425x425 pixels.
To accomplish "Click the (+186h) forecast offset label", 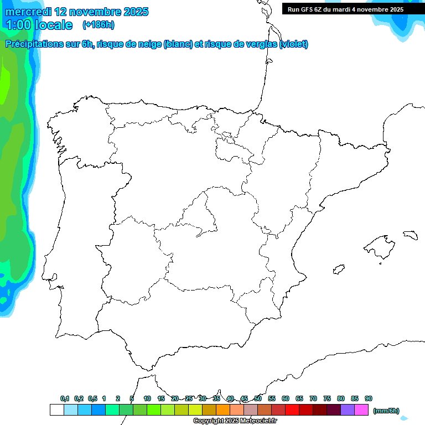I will point(98,24).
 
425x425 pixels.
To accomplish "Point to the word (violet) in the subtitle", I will point(294,44).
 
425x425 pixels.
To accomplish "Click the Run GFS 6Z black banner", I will point(345,9).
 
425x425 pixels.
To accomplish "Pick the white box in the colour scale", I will point(56,410).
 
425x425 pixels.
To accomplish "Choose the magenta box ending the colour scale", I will point(361,410).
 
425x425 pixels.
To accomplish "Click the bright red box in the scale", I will point(292,410).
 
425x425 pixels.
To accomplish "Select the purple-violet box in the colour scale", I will point(348,410).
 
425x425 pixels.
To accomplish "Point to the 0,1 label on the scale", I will point(65,398).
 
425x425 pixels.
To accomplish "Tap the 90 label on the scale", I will point(369,398).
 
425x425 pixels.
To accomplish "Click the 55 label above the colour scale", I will point(272,398).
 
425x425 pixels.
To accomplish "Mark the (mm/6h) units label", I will point(386,411).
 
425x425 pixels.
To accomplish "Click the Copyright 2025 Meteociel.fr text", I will point(235,421).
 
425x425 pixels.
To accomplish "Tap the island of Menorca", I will point(410,235).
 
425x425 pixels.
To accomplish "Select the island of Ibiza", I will point(338,269).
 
